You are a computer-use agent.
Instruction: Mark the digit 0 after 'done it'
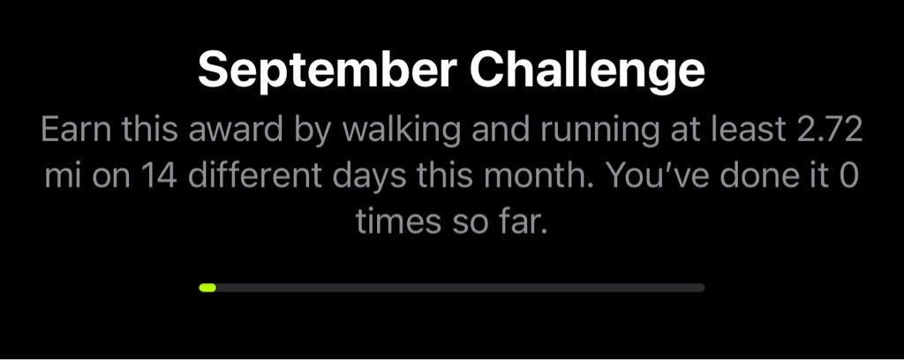tap(847, 176)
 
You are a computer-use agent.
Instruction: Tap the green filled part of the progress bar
tap(207, 288)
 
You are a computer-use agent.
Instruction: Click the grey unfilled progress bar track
tap(460, 288)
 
